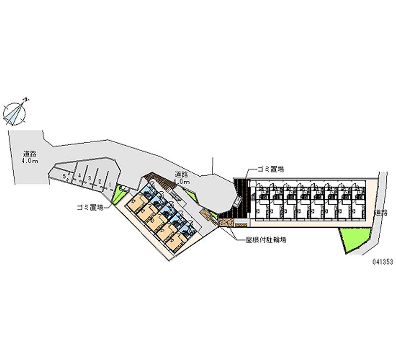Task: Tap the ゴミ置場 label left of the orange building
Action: point(90,208)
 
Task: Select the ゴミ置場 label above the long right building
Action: point(270,169)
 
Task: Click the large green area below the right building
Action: point(353,240)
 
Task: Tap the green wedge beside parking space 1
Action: point(118,195)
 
